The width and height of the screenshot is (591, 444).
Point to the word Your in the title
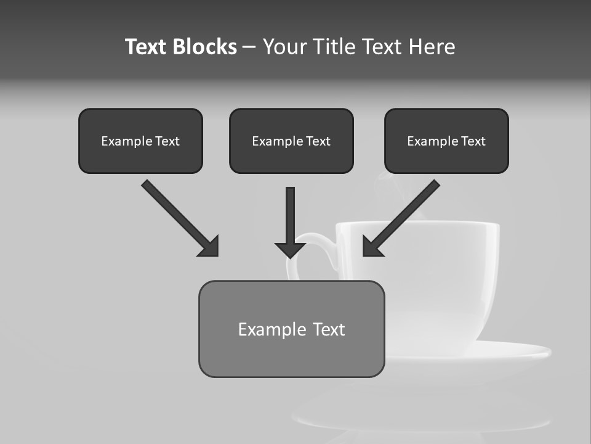(x=286, y=47)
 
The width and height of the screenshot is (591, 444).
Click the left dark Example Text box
(x=140, y=141)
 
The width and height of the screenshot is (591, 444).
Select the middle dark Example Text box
(x=291, y=141)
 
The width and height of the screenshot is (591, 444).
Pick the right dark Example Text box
(x=446, y=141)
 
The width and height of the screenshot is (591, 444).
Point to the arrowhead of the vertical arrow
(x=291, y=249)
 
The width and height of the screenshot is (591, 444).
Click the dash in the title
(x=249, y=47)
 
